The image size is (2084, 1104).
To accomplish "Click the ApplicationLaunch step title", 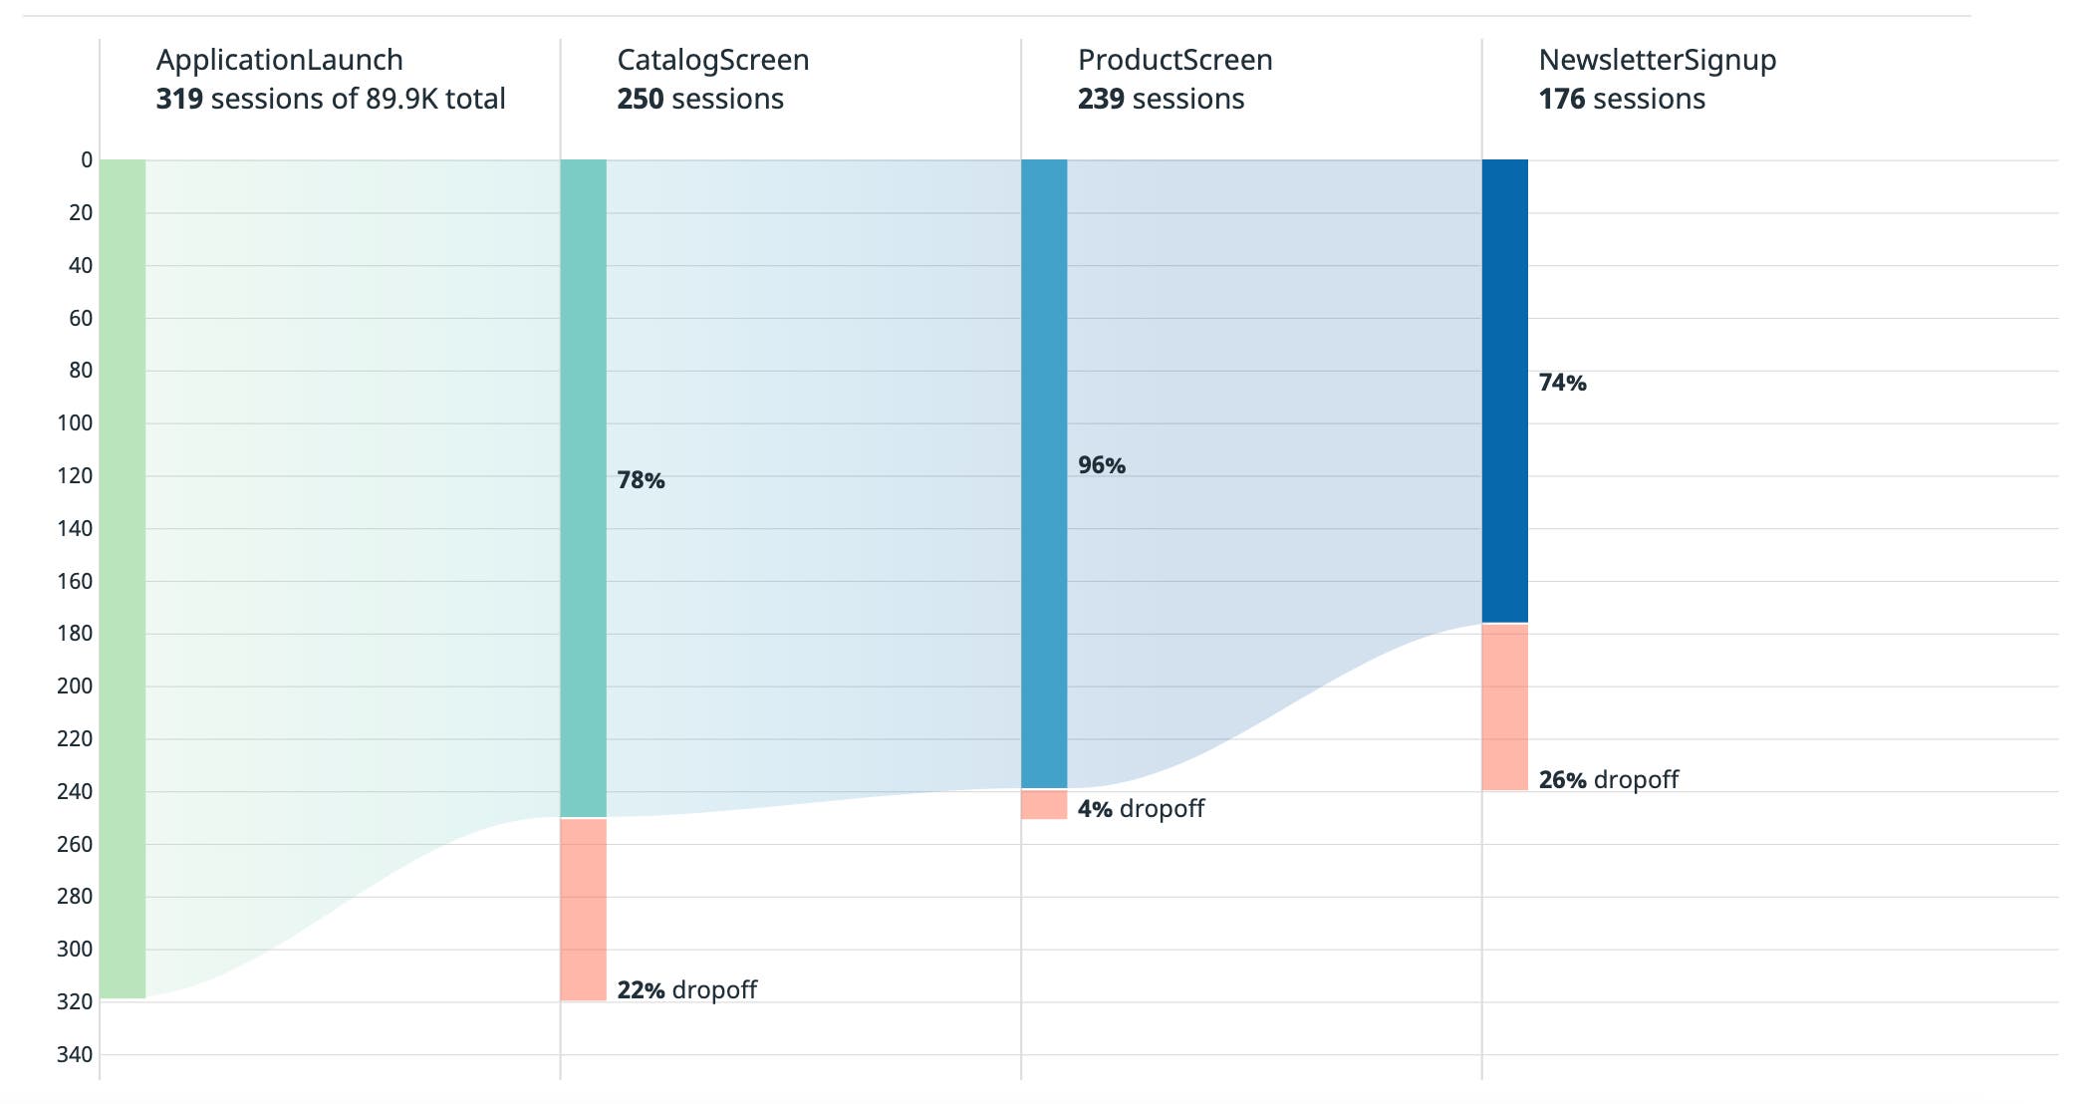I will click(x=279, y=60).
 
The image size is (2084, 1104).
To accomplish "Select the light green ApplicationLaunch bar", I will click(x=123, y=578).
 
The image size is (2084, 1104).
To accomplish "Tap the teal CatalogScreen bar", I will click(x=583, y=488).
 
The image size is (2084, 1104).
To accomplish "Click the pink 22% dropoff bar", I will click(x=583, y=909).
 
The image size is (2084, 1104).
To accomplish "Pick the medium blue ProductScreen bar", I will click(x=1044, y=473).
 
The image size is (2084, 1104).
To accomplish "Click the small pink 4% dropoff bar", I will click(x=1044, y=804).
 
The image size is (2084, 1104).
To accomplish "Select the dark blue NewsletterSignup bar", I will click(x=1505, y=391).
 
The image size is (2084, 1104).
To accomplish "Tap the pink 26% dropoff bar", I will click(x=1505, y=707).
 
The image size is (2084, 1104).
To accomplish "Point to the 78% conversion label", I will click(x=641, y=480).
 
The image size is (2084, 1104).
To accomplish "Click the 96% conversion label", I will click(x=1102, y=465).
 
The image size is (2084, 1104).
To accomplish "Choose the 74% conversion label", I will click(x=1562, y=383).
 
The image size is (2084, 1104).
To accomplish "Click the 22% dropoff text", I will click(x=686, y=989).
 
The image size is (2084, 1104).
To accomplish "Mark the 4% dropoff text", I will click(x=1141, y=808).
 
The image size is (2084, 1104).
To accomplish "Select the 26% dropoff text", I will click(x=1608, y=779).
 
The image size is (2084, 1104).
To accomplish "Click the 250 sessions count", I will click(x=699, y=99).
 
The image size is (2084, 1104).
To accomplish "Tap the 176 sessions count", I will click(x=1621, y=99).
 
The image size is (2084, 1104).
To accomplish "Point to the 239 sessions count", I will click(x=1161, y=99).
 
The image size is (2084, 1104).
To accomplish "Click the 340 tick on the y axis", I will click(x=75, y=1054).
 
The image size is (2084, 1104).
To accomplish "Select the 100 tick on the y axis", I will click(x=75, y=422).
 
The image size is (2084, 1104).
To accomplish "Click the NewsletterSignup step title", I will click(x=1657, y=60).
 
